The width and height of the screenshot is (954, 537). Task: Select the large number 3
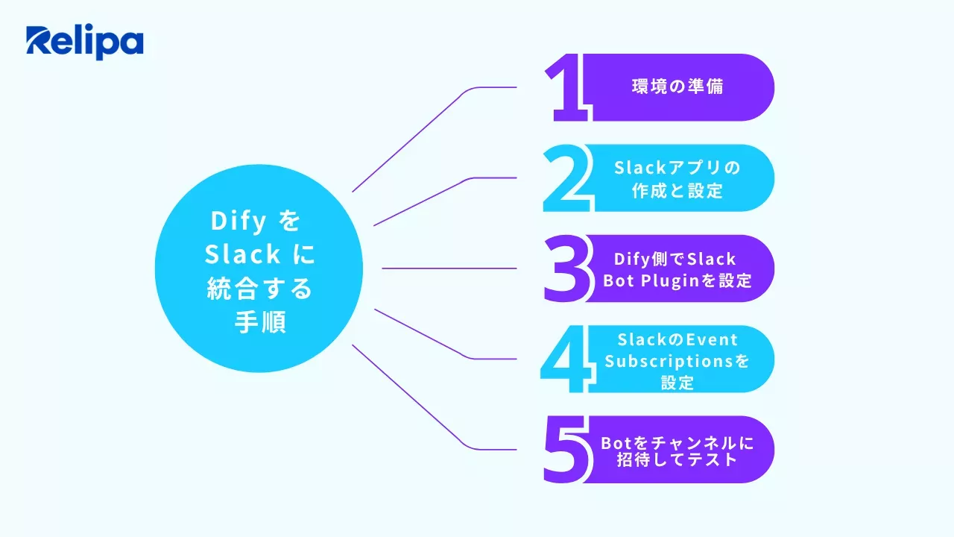click(566, 268)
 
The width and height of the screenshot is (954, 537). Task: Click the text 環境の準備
click(677, 87)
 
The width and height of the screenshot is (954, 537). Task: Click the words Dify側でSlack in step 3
click(675, 259)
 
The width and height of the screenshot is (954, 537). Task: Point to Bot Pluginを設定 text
click(677, 281)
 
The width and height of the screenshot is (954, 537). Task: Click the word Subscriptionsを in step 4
click(677, 361)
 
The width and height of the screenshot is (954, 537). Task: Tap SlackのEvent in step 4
click(677, 339)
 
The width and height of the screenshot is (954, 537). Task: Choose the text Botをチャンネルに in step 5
click(677, 442)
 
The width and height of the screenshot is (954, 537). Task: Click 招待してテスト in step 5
click(677, 459)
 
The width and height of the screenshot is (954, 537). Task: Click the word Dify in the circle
click(235, 222)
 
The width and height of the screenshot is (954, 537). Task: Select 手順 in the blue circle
click(259, 323)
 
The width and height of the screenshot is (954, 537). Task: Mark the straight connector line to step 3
click(447, 268)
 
